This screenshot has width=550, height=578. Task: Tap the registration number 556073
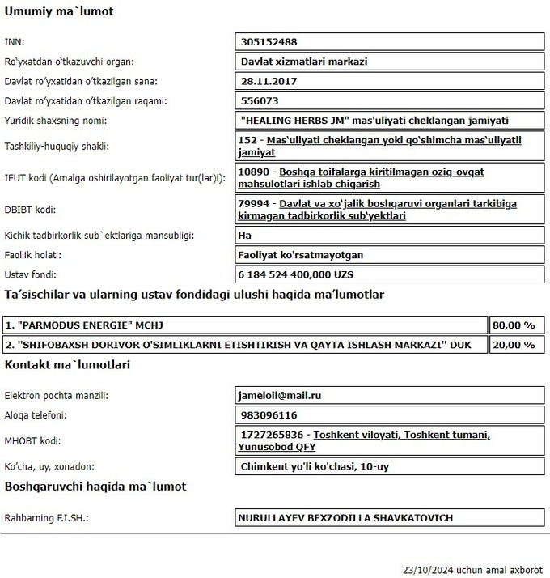pos(260,101)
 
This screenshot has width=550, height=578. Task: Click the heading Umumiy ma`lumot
pos(59,12)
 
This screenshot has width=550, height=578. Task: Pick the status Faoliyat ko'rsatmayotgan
pos(300,255)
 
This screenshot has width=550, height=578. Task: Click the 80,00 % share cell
pos(514,325)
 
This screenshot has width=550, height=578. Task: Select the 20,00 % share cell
pos(514,345)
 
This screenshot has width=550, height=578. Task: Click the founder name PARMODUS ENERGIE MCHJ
pos(84,325)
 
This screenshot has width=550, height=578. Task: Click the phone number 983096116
pos(269,415)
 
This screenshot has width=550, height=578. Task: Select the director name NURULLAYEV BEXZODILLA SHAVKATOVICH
pos(345,517)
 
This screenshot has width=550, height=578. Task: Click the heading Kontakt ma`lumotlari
pos(67,365)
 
